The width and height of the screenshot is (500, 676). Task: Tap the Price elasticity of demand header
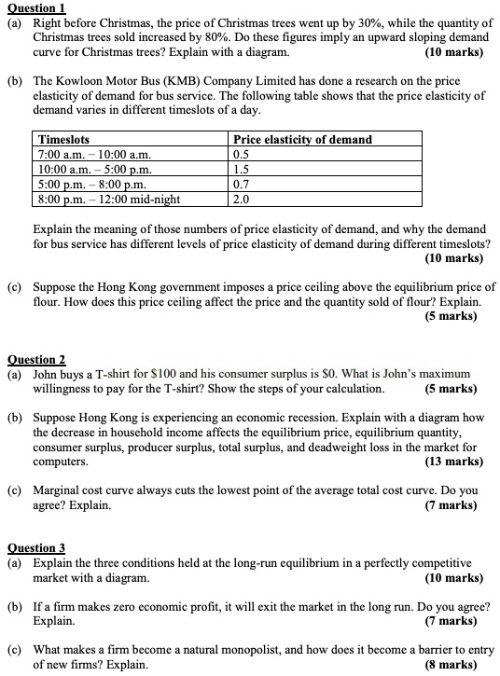pos(302,140)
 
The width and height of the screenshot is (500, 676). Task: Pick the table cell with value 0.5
pos(242,155)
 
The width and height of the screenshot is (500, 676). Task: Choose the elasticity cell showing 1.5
pos(242,170)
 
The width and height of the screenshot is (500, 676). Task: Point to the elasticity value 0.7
pos(242,184)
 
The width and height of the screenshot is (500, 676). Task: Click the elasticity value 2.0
pos(242,199)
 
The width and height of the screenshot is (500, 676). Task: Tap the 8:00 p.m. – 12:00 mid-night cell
pos(109,199)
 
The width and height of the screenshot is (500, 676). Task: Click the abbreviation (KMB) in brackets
pos(186,81)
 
